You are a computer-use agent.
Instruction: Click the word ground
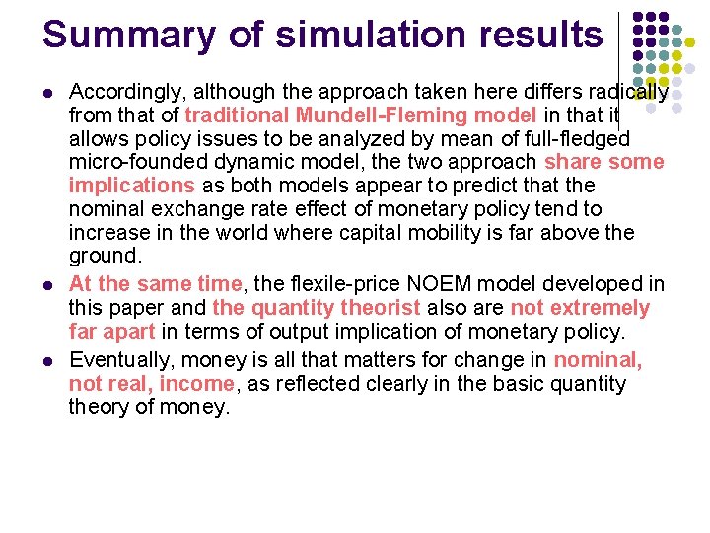click(x=102, y=257)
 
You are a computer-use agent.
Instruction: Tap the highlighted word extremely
click(x=601, y=308)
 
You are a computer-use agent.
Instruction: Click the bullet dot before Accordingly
click(x=48, y=93)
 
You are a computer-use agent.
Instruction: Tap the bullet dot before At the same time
click(x=48, y=285)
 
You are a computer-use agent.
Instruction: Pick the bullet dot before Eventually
click(x=48, y=360)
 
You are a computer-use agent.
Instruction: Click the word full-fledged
click(x=571, y=138)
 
